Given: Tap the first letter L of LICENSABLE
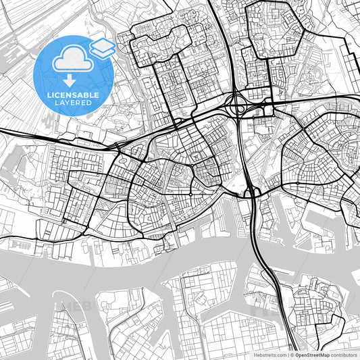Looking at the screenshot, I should tap(49, 95).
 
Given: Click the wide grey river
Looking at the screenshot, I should tap(169, 260).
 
